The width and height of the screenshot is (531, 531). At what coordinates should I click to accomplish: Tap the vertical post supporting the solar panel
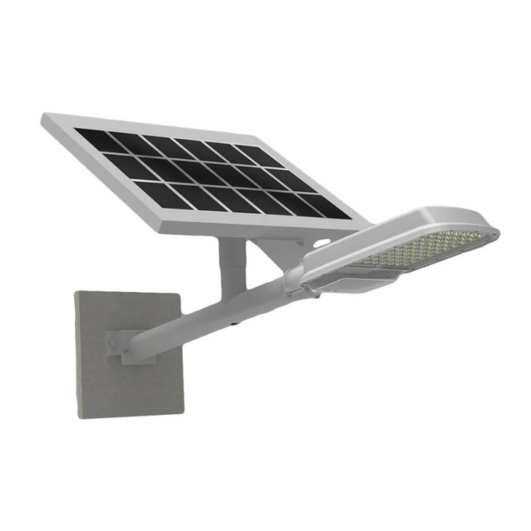click(231, 265)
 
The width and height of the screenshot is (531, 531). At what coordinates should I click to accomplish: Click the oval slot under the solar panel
click(322, 245)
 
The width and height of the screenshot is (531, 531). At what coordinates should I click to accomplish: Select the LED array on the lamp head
click(425, 247)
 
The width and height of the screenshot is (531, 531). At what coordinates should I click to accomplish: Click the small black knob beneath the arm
click(237, 322)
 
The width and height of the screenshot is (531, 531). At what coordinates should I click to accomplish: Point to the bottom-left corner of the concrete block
click(77, 416)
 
